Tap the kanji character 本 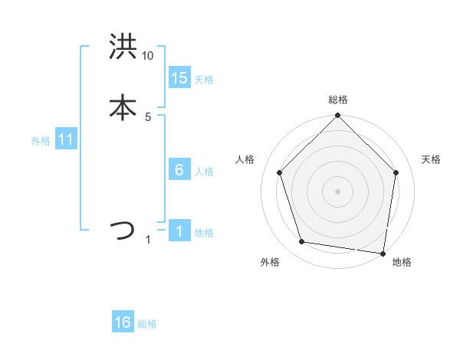pyautogui.click(x=123, y=106)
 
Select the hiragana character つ pyautogui.click(x=123, y=229)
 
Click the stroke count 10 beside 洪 pyautogui.click(x=148, y=56)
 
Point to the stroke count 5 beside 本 pyautogui.click(x=148, y=117)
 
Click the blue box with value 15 pyautogui.click(x=179, y=77)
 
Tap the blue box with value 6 pyautogui.click(x=179, y=169)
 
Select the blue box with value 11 pyautogui.click(x=66, y=139)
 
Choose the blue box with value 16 pyautogui.click(x=123, y=322)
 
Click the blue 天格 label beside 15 pyautogui.click(x=204, y=80)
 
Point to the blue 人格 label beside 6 pyautogui.click(x=204, y=172)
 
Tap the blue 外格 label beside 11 pyautogui.click(x=41, y=141)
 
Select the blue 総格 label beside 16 pyautogui.click(x=147, y=324)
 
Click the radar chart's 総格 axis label pyautogui.click(x=337, y=100)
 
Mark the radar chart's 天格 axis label pyautogui.click(x=432, y=159)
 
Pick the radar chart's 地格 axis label pyautogui.click(x=402, y=262)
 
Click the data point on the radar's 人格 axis pyautogui.click(x=280, y=172)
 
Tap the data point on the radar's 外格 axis pyautogui.click(x=302, y=242)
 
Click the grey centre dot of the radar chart pyautogui.click(x=337, y=191)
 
